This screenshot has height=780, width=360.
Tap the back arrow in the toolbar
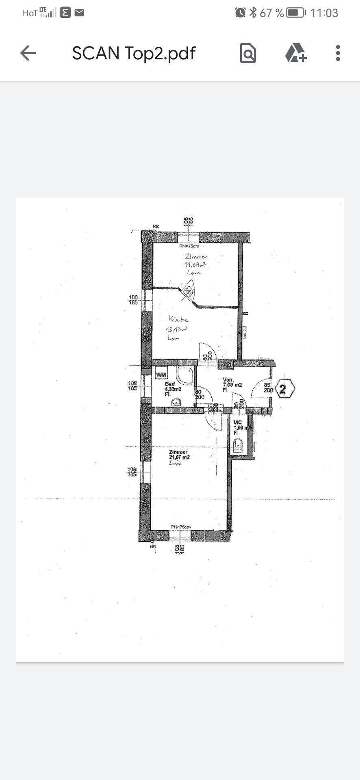[x=28, y=53]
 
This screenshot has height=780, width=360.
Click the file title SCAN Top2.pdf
[x=134, y=53]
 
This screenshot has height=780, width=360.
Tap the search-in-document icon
[x=248, y=53]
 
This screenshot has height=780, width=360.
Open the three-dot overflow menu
[x=338, y=53]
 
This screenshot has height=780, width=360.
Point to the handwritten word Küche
[x=178, y=319]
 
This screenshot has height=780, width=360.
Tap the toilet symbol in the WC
[x=239, y=446]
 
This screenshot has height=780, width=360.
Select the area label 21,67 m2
[x=179, y=457]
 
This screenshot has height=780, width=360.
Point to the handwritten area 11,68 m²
[x=195, y=265]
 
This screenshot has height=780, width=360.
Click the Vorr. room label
[x=228, y=380]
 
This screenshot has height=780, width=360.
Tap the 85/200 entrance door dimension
[x=268, y=388]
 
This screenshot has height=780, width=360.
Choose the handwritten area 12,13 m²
[x=177, y=329]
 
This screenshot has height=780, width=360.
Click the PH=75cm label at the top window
[x=189, y=246]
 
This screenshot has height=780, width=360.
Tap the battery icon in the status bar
[x=296, y=13]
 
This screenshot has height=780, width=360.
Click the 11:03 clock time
[x=324, y=13]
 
